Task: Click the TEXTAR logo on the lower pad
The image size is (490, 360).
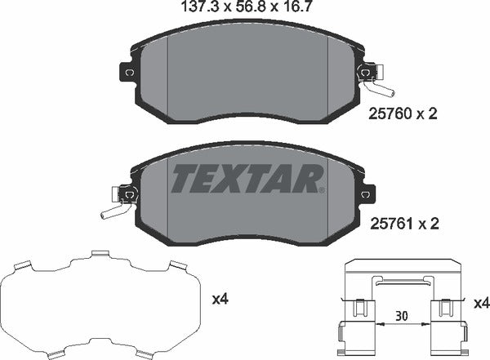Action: point(246,178)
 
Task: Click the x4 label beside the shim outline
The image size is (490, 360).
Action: point(220,300)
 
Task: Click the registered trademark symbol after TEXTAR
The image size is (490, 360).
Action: point(321,191)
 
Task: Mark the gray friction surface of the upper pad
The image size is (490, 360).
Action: point(245,73)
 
